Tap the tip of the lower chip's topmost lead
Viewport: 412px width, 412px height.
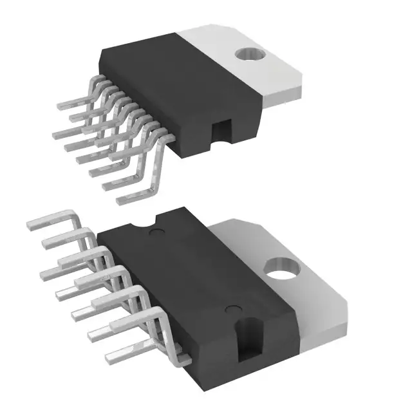point(29,224)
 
